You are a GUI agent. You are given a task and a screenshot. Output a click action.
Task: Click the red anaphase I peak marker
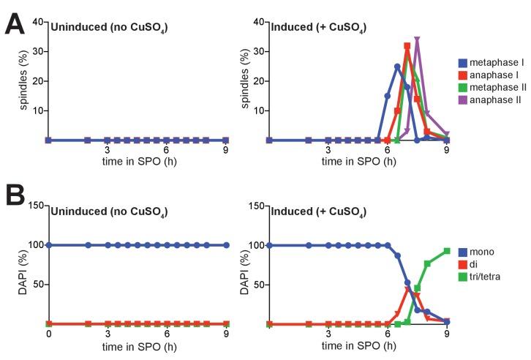pyautogui.click(x=407, y=45)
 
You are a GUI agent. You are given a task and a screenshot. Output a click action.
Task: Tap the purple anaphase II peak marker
pyautogui.click(x=417, y=40)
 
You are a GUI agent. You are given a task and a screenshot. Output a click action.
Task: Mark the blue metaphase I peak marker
pyautogui.click(x=397, y=67)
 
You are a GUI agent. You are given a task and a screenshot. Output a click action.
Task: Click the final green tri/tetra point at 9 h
pyautogui.click(x=446, y=251)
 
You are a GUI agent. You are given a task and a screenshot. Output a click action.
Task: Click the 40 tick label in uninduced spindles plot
pyautogui.click(x=37, y=22)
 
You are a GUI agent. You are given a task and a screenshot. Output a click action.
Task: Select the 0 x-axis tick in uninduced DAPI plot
pyautogui.click(x=48, y=334)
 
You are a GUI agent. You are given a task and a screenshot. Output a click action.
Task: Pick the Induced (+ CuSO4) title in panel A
pyautogui.click(x=310, y=29)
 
